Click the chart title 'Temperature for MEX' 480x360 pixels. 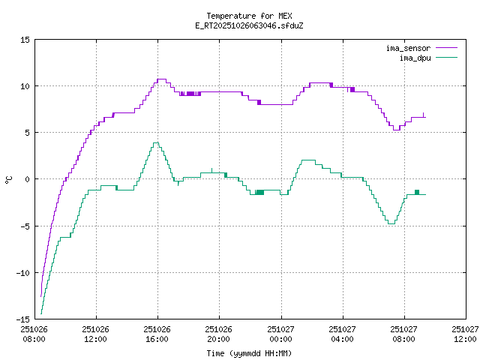click(x=249, y=16)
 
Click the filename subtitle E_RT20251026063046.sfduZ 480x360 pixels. click(x=249, y=25)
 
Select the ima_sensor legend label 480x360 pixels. click(x=408, y=48)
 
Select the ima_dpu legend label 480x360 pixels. click(x=415, y=57)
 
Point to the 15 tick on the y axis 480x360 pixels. click(x=25, y=40)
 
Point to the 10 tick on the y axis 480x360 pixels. click(x=25, y=86)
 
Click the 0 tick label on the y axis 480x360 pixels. click(x=27, y=179)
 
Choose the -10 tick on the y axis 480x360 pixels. click(x=23, y=272)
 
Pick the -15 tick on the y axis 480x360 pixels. click(x=23, y=319)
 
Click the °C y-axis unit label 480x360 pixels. click(x=9, y=179)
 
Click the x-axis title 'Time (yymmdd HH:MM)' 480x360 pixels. click(x=249, y=352)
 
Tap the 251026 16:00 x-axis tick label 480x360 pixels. click(x=157, y=334)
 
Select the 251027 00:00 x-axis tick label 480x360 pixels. click(x=280, y=334)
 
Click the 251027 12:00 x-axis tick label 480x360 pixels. click(x=464, y=334)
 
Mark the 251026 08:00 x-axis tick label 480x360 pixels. click(x=34, y=334)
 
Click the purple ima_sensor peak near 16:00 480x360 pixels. click(x=160, y=79)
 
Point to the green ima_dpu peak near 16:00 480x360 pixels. click(x=156, y=142)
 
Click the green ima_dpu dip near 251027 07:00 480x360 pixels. click(x=391, y=223)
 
